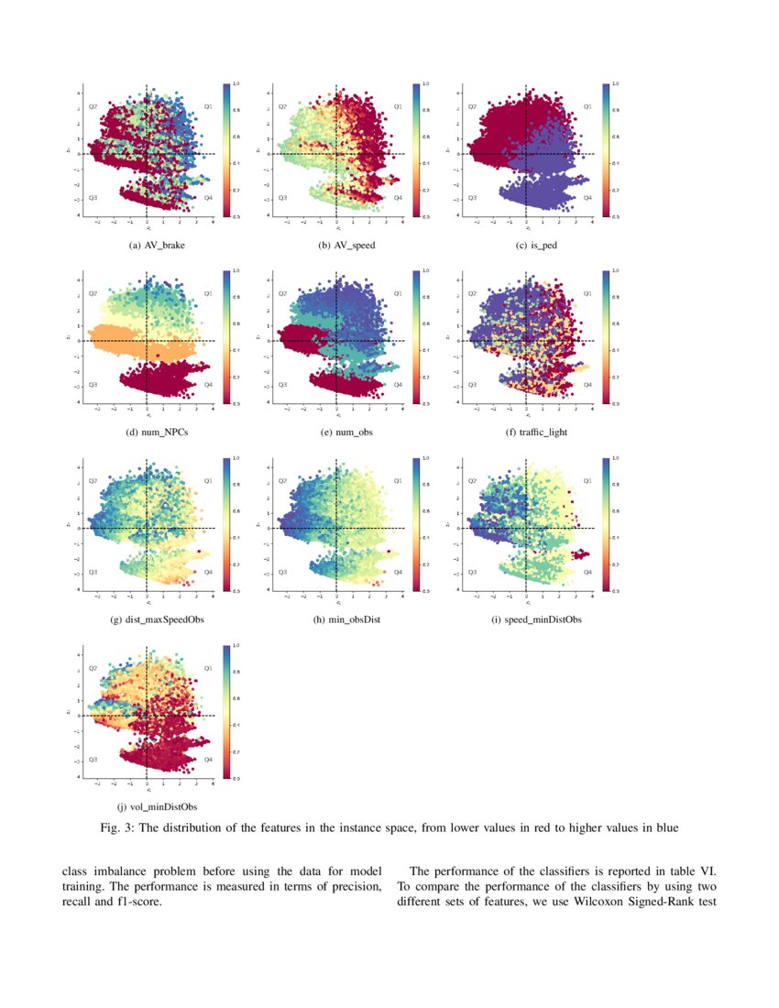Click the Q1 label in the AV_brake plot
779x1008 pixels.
[x=208, y=107]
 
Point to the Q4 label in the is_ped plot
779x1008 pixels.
[x=587, y=198]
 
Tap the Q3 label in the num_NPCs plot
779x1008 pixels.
[x=93, y=385]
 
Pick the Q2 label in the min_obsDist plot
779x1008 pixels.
[x=282, y=481]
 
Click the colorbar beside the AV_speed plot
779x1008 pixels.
[x=415, y=149]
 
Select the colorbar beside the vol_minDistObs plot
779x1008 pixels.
[x=225, y=712]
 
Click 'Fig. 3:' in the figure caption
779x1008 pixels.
[x=118, y=829]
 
